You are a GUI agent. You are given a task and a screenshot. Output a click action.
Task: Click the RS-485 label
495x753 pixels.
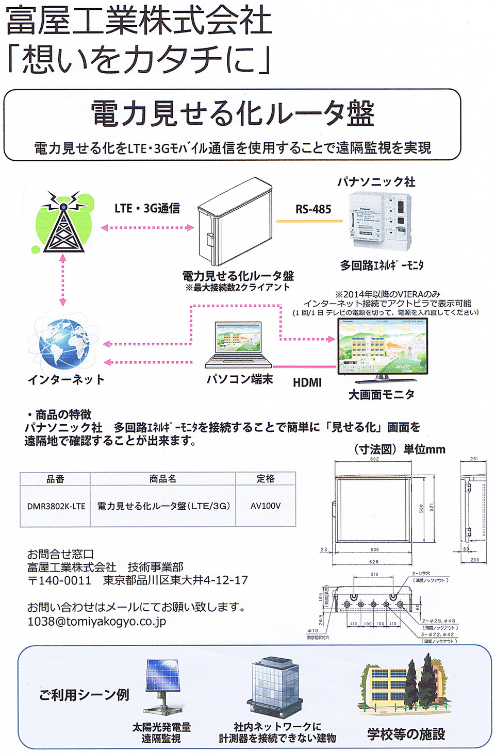click(313, 209)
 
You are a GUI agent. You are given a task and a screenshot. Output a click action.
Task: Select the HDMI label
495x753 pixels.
click(307, 382)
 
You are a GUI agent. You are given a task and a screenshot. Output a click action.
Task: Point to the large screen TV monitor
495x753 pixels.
click(382, 349)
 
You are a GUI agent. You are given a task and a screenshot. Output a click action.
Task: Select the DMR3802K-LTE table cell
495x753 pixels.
click(56, 506)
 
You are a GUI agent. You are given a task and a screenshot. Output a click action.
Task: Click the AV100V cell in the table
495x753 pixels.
click(266, 506)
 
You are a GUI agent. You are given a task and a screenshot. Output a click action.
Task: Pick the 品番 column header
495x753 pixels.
click(56, 479)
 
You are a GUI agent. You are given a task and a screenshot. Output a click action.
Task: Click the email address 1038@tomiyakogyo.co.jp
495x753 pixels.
click(96, 622)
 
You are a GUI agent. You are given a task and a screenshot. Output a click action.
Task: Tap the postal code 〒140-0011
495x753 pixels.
click(59, 580)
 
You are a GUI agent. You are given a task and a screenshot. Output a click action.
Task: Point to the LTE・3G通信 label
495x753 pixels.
click(147, 208)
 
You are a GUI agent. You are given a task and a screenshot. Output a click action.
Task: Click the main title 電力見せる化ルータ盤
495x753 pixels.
click(233, 113)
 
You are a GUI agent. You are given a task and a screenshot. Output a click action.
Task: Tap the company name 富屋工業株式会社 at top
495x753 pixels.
click(138, 21)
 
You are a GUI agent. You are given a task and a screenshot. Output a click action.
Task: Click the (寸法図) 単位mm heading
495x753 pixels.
click(399, 449)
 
